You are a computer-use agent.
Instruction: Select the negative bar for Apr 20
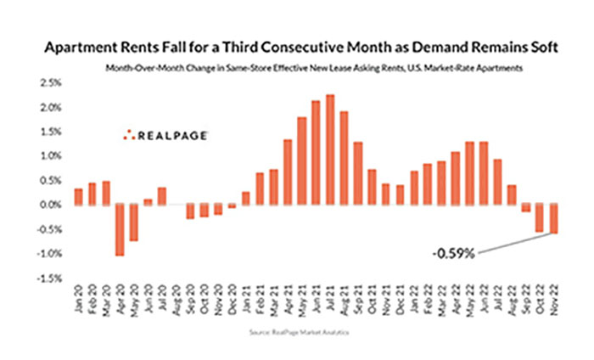[120, 229]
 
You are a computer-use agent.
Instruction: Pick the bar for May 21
[302, 160]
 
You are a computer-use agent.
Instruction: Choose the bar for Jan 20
[78, 196]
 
